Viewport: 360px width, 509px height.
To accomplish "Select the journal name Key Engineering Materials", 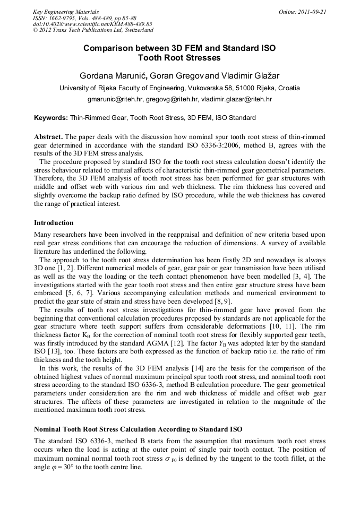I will click(65, 11).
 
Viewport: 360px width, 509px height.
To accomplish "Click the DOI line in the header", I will click(92, 24).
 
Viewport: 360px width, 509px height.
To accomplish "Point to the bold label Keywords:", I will click(51, 118).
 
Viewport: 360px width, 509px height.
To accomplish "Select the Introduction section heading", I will click(54, 222).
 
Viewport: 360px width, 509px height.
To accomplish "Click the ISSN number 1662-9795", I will click(66, 18).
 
